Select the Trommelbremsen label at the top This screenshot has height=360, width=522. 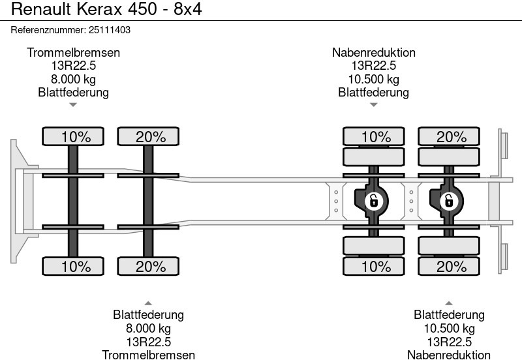(x=73, y=53)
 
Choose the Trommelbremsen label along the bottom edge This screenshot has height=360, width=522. (x=148, y=355)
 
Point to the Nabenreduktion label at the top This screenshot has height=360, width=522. (x=373, y=53)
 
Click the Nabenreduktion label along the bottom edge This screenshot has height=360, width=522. (x=449, y=355)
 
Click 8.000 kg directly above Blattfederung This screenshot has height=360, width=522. (x=73, y=79)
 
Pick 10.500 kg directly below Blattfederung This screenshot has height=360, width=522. (x=449, y=328)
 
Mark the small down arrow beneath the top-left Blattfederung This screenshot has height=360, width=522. (x=73, y=104)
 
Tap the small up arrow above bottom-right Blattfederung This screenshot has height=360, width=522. (x=449, y=303)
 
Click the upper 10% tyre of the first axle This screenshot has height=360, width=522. (x=73, y=137)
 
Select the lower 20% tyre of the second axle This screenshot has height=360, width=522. (x=148, y=266)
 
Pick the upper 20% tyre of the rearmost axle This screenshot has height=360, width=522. (x=449, y=137)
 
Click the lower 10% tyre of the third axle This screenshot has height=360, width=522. (x=373, y=266)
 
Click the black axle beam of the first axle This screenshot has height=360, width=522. (x=73, y=201)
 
